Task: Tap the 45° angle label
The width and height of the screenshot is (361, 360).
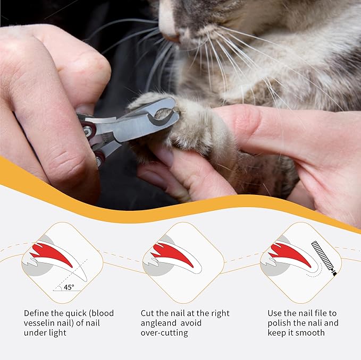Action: tap(69, 287)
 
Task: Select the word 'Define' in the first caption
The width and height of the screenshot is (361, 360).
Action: tap(36, 313)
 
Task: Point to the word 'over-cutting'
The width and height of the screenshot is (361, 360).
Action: tap(164, 333)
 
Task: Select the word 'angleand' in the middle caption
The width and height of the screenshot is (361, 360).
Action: tap(158, 323)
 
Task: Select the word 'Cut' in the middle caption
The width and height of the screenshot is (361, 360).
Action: tap(147, 313)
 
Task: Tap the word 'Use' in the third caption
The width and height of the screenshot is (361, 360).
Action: tap(275, 313)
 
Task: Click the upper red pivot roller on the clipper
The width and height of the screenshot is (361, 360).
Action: tap(89, 131)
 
